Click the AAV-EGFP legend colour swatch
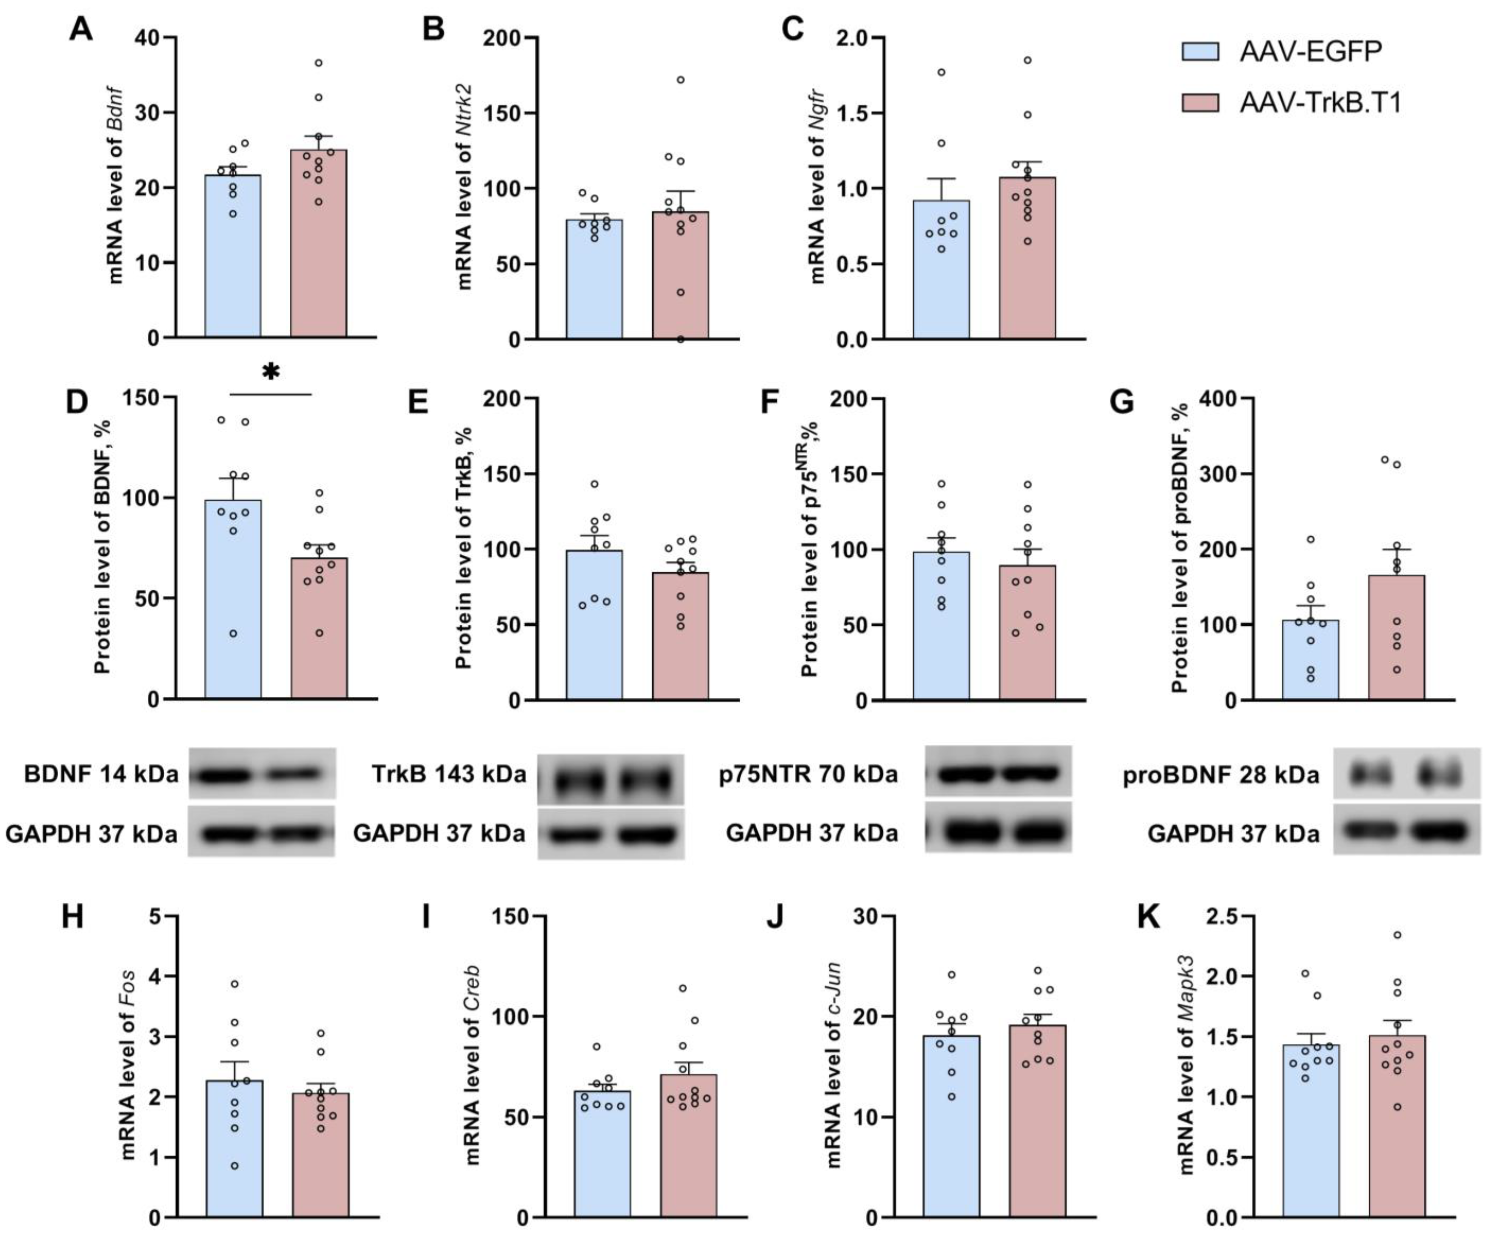(1200, 51)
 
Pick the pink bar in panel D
(319, 628)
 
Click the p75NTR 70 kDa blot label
(808, 774)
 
